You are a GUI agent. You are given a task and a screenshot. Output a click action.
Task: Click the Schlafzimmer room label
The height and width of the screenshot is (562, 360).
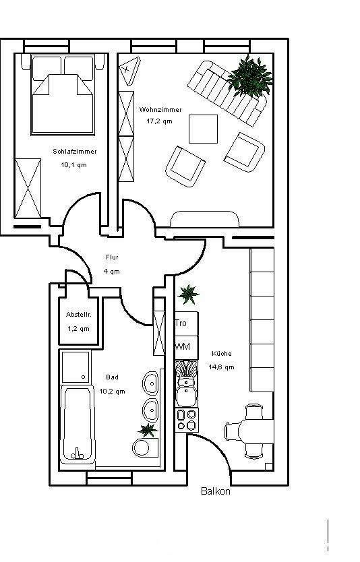tap(74, 152)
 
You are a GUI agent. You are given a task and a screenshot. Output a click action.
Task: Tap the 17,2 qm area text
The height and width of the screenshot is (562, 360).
tap(159, 121)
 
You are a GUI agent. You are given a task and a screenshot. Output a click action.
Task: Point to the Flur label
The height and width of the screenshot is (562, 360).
tap(112, 257)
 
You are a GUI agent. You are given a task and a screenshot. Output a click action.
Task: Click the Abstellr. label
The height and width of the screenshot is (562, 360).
tap(78, 315)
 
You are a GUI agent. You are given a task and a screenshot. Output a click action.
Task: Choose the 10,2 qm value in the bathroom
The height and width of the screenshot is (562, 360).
tap(112, 391)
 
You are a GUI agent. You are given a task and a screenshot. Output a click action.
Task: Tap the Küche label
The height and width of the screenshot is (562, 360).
tap(222, 353)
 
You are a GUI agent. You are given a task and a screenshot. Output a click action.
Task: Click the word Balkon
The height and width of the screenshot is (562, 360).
tap(216, 491)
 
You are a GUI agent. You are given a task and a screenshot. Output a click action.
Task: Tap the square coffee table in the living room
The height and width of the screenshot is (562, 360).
tap(203, 129)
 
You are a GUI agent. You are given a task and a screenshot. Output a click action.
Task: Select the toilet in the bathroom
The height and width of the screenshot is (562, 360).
tap(143, 446)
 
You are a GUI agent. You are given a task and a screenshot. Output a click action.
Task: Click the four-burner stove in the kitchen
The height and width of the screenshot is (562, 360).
tap(186, 420)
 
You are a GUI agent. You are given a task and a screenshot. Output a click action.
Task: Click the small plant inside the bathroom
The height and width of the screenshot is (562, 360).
tap(146, 429)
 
